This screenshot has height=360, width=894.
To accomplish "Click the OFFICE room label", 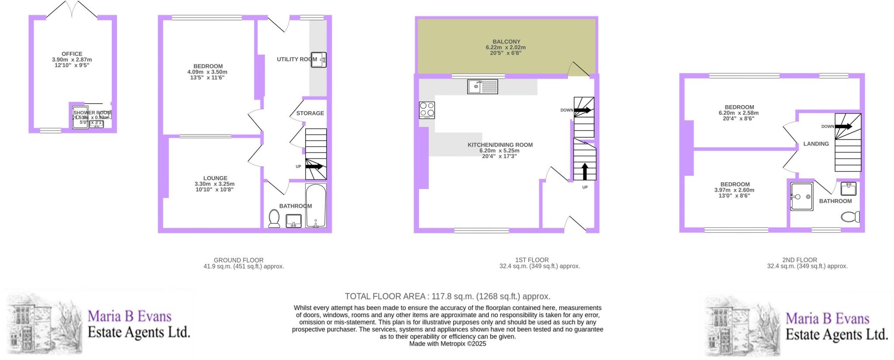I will pos(72,54).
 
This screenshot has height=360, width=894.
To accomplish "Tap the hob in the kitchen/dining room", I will pos(427,110).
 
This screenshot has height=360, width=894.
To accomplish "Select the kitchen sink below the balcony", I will pos(482,86).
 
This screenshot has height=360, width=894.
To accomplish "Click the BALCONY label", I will pos(506,42).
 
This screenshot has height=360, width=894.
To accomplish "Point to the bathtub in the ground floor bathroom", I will pos(316,206).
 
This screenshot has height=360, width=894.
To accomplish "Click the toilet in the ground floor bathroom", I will pos(274,218).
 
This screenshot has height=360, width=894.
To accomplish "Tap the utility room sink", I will pos(319,60).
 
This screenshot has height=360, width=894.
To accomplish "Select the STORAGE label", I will pos(310,113).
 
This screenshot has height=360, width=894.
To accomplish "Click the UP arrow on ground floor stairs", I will pos(314,166).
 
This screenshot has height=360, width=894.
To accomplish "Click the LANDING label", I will pos(816,144).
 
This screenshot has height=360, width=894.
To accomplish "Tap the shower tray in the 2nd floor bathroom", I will pos(801,197).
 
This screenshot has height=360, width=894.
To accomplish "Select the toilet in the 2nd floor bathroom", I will pos(851,216).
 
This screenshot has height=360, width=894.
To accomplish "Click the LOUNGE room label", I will pos(215,178).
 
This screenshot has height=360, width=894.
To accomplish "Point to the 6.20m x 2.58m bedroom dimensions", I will pos(739,113).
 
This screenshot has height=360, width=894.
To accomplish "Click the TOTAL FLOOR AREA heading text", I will pos(447,296).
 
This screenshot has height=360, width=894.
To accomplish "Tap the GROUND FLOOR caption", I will pos(238,260).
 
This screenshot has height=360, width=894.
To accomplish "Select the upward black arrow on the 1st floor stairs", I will pos(585,171).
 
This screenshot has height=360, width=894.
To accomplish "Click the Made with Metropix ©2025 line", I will pos(447,344).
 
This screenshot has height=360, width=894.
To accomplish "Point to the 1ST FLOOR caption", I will pos(532,260).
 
